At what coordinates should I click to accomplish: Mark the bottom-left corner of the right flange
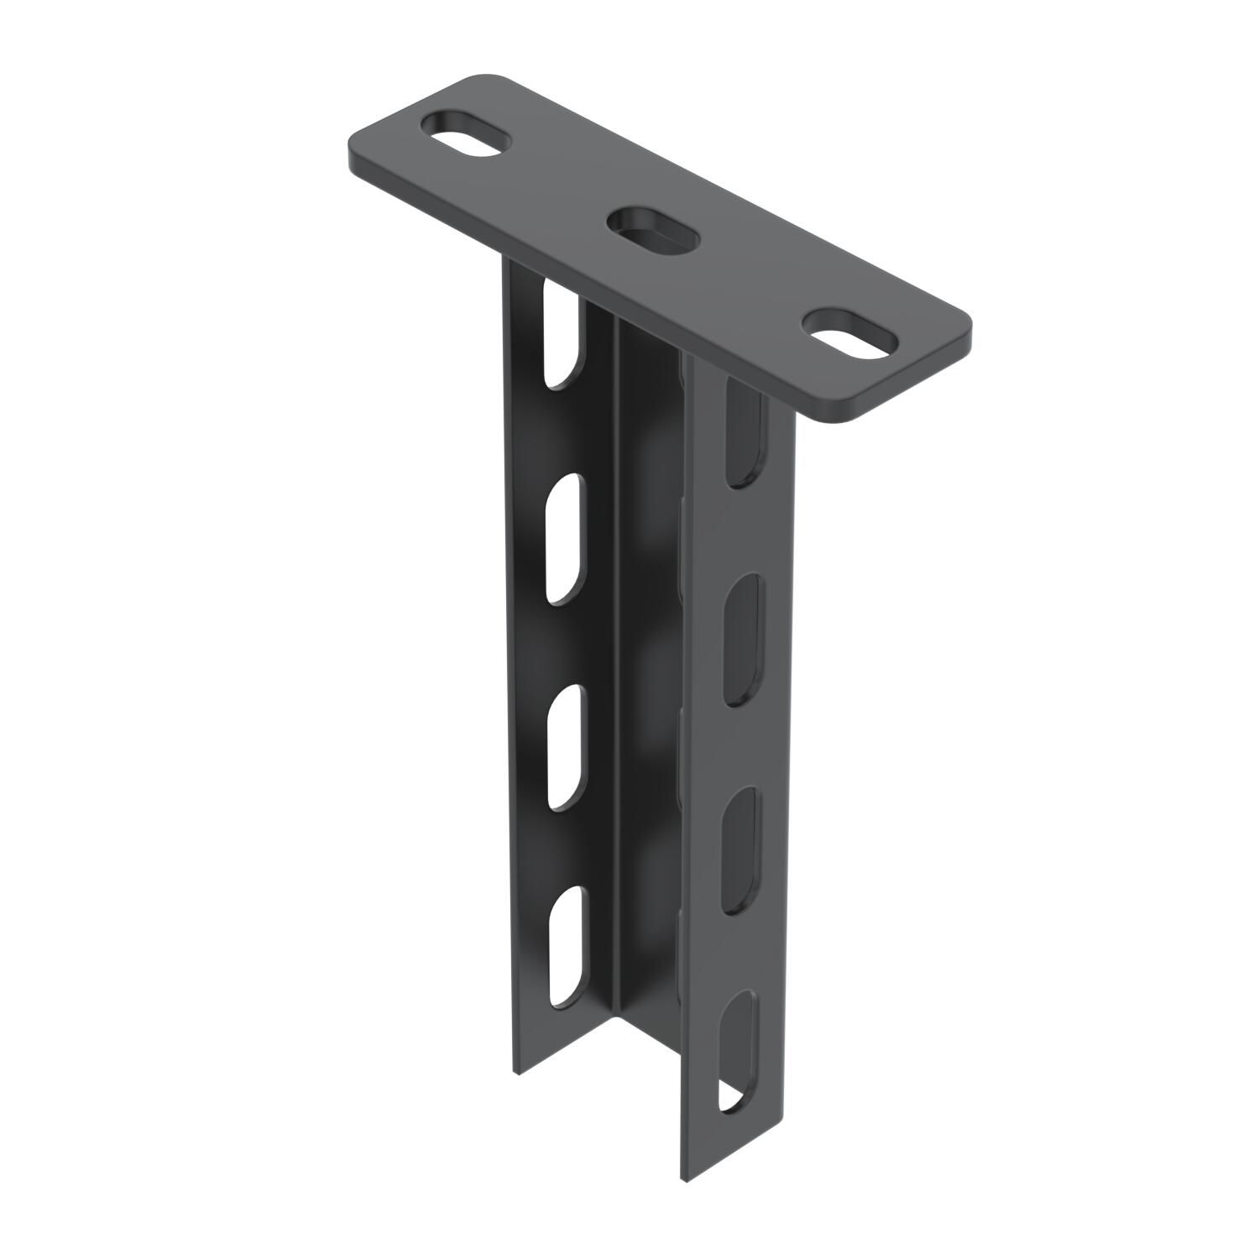[x=685, y=1180]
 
